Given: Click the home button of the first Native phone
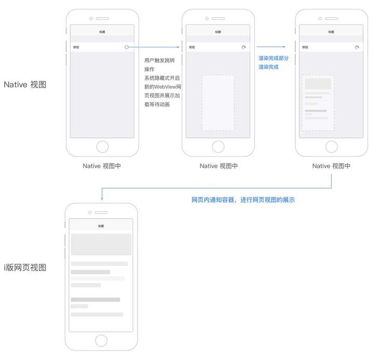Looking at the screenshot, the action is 102,146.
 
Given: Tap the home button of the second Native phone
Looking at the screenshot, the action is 218,146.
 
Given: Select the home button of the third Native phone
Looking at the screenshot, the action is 331,146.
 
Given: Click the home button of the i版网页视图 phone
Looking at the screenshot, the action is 101,340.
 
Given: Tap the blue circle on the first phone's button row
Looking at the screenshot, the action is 127,47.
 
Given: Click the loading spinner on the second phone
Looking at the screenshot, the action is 243,47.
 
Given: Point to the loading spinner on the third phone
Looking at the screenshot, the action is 356,47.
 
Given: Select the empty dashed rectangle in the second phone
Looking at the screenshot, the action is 218,102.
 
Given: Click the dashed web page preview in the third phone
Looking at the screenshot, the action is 317,102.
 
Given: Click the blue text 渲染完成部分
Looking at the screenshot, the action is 274,58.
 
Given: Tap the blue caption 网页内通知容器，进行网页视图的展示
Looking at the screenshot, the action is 243,199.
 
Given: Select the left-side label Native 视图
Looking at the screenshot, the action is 25,84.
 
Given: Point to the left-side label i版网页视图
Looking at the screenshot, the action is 25,268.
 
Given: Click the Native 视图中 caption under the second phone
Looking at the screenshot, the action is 219,166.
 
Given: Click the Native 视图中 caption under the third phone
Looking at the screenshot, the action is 331,166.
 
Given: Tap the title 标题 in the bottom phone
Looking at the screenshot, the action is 101,226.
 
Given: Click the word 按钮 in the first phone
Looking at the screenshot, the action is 76,47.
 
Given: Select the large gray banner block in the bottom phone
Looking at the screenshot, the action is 101,244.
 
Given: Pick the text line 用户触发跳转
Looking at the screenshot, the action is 159,60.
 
